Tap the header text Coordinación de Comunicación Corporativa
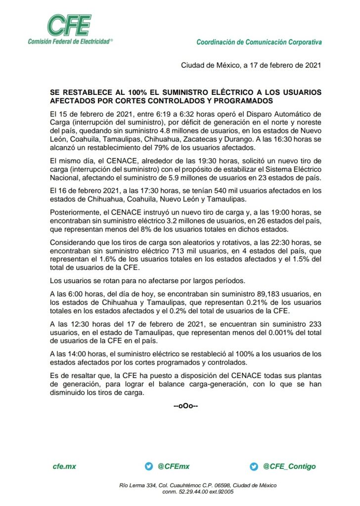259,42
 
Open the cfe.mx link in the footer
64,466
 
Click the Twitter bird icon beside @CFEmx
148,466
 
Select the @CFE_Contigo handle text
289,466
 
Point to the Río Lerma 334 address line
198,485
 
